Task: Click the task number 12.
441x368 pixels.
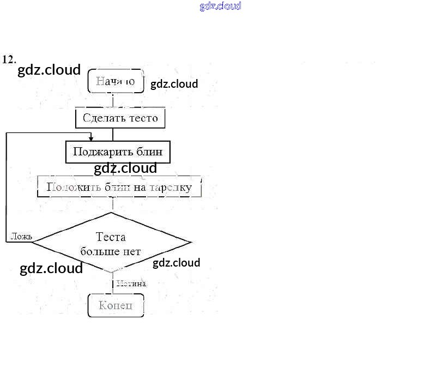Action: (x=9, y=59)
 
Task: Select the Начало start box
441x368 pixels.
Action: (x=116, y=81)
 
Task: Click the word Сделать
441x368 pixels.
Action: (x=102, y=118)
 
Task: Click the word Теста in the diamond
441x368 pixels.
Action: (x=111, y=237)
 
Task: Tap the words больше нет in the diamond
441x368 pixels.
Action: (x=111, y=251)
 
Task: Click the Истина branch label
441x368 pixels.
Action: (x=131, y=283)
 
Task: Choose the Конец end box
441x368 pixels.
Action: (x=116, y=305)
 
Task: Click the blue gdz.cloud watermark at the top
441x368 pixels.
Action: (x=220, y=7)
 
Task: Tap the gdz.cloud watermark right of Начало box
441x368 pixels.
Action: (x=174, y=84)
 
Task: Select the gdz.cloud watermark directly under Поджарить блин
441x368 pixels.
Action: (x=125, y=168)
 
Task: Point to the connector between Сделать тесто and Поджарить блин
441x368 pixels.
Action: (x=113, y=135)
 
